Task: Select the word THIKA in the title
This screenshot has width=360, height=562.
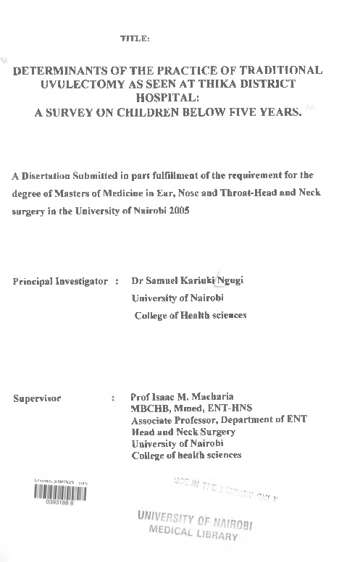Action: pos(218,86)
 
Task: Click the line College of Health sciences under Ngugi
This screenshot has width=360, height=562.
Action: pos(191,315)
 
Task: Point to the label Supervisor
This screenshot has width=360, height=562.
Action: pos(37,398)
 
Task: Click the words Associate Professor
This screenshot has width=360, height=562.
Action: pos(172,420)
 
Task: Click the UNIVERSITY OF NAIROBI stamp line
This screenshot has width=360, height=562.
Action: pos(194,517)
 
